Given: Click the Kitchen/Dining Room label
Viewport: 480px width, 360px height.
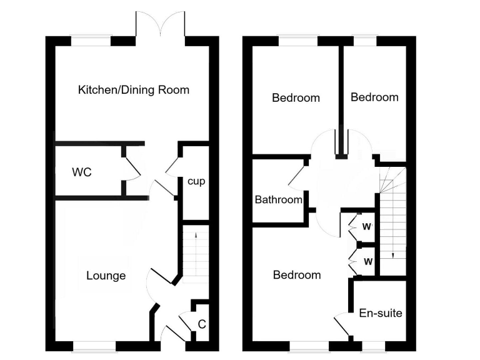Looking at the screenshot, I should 133,90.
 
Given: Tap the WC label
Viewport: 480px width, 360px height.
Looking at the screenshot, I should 82,172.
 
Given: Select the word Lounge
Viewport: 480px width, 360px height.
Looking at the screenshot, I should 106,276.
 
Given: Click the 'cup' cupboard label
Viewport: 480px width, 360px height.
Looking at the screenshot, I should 196,181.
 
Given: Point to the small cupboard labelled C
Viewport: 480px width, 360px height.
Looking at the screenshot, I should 201,323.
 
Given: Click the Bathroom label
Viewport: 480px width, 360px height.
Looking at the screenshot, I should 278,200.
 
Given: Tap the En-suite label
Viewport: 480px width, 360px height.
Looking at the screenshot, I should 380,313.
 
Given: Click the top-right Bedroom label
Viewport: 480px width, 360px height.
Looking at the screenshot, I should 374,97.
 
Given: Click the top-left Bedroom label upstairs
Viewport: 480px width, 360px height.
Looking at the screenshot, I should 296,97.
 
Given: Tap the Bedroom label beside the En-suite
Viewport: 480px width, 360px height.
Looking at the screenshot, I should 297,275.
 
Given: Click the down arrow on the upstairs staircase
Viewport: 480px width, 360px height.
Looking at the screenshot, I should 392,253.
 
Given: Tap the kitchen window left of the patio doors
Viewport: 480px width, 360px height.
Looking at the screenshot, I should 91,41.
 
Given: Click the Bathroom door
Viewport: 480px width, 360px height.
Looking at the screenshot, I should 297,176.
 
